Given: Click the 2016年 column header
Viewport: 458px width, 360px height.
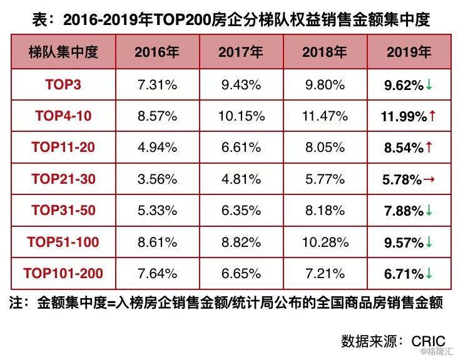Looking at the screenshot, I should [x=157, y=52].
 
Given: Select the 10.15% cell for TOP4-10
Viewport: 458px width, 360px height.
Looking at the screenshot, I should [x=240, y=116].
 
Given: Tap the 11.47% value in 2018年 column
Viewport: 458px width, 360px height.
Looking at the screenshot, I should [x=323, y=116].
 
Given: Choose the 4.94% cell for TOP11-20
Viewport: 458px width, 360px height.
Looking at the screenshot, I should [x=157, y=147].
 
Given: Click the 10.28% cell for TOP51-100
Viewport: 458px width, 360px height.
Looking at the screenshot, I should [x=323, y=242].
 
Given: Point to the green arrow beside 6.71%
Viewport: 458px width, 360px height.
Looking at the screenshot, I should [x=429, y=274].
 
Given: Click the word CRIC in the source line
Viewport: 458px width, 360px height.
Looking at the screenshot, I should [x=428, y=341].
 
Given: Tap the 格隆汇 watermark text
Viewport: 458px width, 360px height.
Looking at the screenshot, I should [x=441, y=353].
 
